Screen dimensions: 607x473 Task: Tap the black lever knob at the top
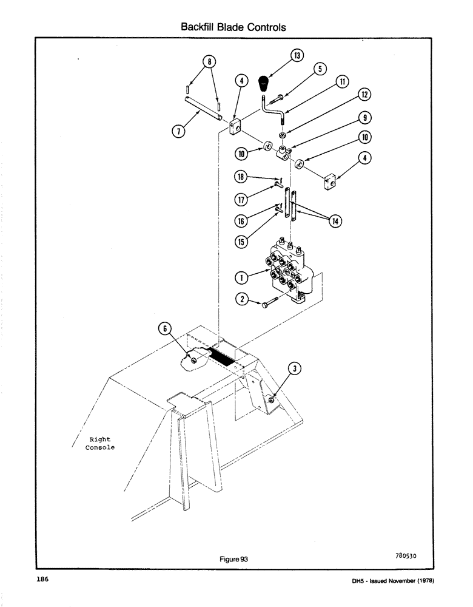point(264,83)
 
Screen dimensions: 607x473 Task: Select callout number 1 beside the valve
point(241,277)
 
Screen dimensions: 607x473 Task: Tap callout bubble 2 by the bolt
point(241,299)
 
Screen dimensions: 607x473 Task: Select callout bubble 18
point(241,177)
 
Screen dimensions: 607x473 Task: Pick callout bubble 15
point(241,241)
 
